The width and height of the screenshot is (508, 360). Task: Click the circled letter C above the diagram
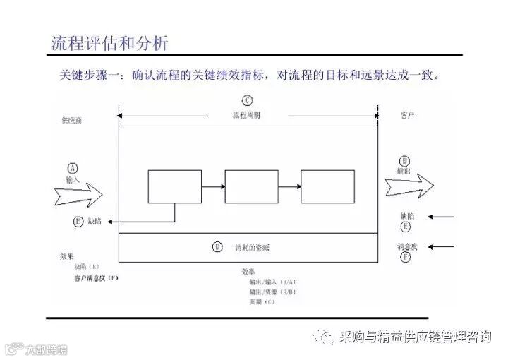tap(246, 100)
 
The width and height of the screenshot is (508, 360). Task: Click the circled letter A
tap(73, 168)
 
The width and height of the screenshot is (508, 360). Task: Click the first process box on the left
tap(174, 186)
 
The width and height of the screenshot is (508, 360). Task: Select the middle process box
tap(250, 186)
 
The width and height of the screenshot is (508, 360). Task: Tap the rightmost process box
tap(327, 186)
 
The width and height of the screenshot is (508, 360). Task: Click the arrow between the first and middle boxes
tap(212, 186)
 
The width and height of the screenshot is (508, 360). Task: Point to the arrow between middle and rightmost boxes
tap(289, 186)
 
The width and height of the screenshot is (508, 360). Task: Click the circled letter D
tap(217, 246)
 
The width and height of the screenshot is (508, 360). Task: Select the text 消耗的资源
tap(252, 247)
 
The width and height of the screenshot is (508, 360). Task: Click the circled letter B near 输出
tap(404, 161)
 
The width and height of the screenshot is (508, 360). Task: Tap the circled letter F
tap(405, 258)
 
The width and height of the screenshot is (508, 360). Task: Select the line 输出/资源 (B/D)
tap(262, 291)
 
